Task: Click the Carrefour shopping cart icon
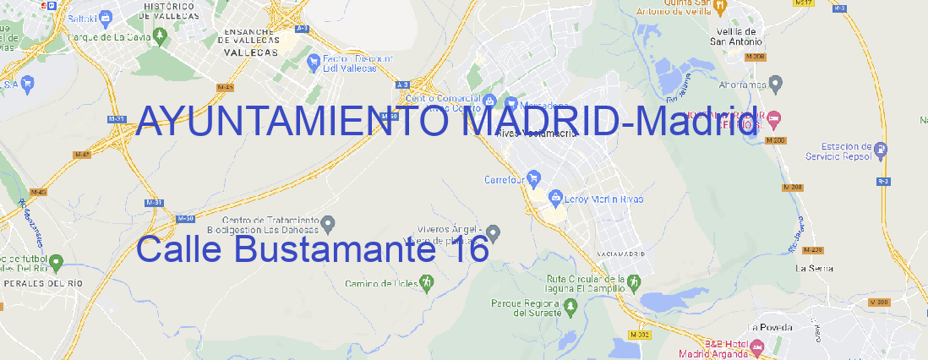[536, 179]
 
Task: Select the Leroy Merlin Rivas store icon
[555, 199]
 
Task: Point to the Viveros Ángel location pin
[494, 232]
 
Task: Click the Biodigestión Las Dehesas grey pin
[329, 223]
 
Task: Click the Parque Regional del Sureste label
[526, 308]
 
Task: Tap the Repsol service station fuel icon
[882, 150]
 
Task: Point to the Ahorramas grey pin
[777, 83]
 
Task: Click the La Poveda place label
[770, 327]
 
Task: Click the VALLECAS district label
[251, 52]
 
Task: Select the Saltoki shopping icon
[106, 17]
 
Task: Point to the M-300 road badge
[880, 302]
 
